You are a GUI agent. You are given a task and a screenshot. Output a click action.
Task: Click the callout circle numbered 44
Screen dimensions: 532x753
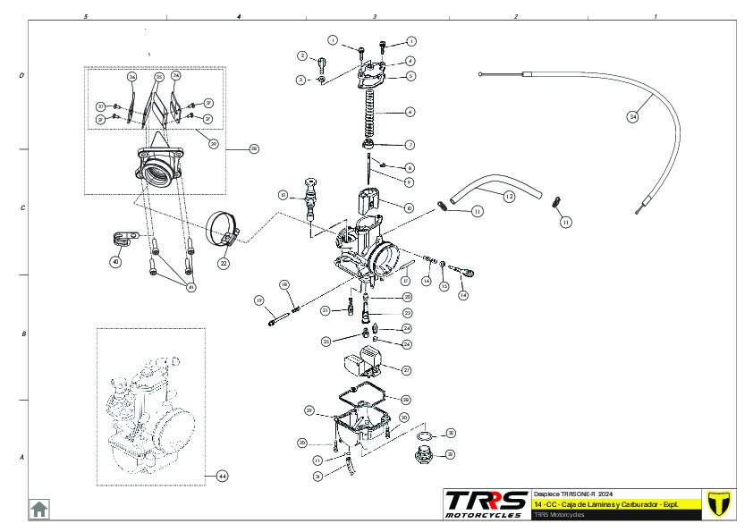[223, 476]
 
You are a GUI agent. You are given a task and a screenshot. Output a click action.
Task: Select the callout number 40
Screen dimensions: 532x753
[114, 262]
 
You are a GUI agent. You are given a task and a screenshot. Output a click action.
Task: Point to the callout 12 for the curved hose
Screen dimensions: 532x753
[508, 195]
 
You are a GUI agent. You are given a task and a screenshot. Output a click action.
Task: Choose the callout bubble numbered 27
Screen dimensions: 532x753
[406, 369]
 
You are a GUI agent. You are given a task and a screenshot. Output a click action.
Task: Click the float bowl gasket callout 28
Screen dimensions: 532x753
[406, 399]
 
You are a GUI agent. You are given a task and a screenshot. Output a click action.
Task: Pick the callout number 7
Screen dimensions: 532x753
[410, 144]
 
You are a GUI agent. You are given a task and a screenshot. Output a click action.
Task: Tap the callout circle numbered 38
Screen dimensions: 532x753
[253, 149]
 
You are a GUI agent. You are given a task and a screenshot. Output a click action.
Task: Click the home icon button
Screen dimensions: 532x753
[39, 509]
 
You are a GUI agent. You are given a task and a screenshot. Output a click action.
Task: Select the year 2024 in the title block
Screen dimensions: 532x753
[605, 494]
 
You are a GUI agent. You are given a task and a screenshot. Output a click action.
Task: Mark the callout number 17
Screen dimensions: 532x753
[405, 281]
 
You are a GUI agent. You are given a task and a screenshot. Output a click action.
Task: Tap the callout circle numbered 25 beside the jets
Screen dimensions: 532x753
[326, 342]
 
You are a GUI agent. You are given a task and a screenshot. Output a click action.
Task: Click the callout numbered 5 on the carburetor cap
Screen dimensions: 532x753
[410, 77]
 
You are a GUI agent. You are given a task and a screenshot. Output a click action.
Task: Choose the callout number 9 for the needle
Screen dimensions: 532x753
[409, 182]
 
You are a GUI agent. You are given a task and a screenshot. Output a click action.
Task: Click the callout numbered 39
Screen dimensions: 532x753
[214, 142]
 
